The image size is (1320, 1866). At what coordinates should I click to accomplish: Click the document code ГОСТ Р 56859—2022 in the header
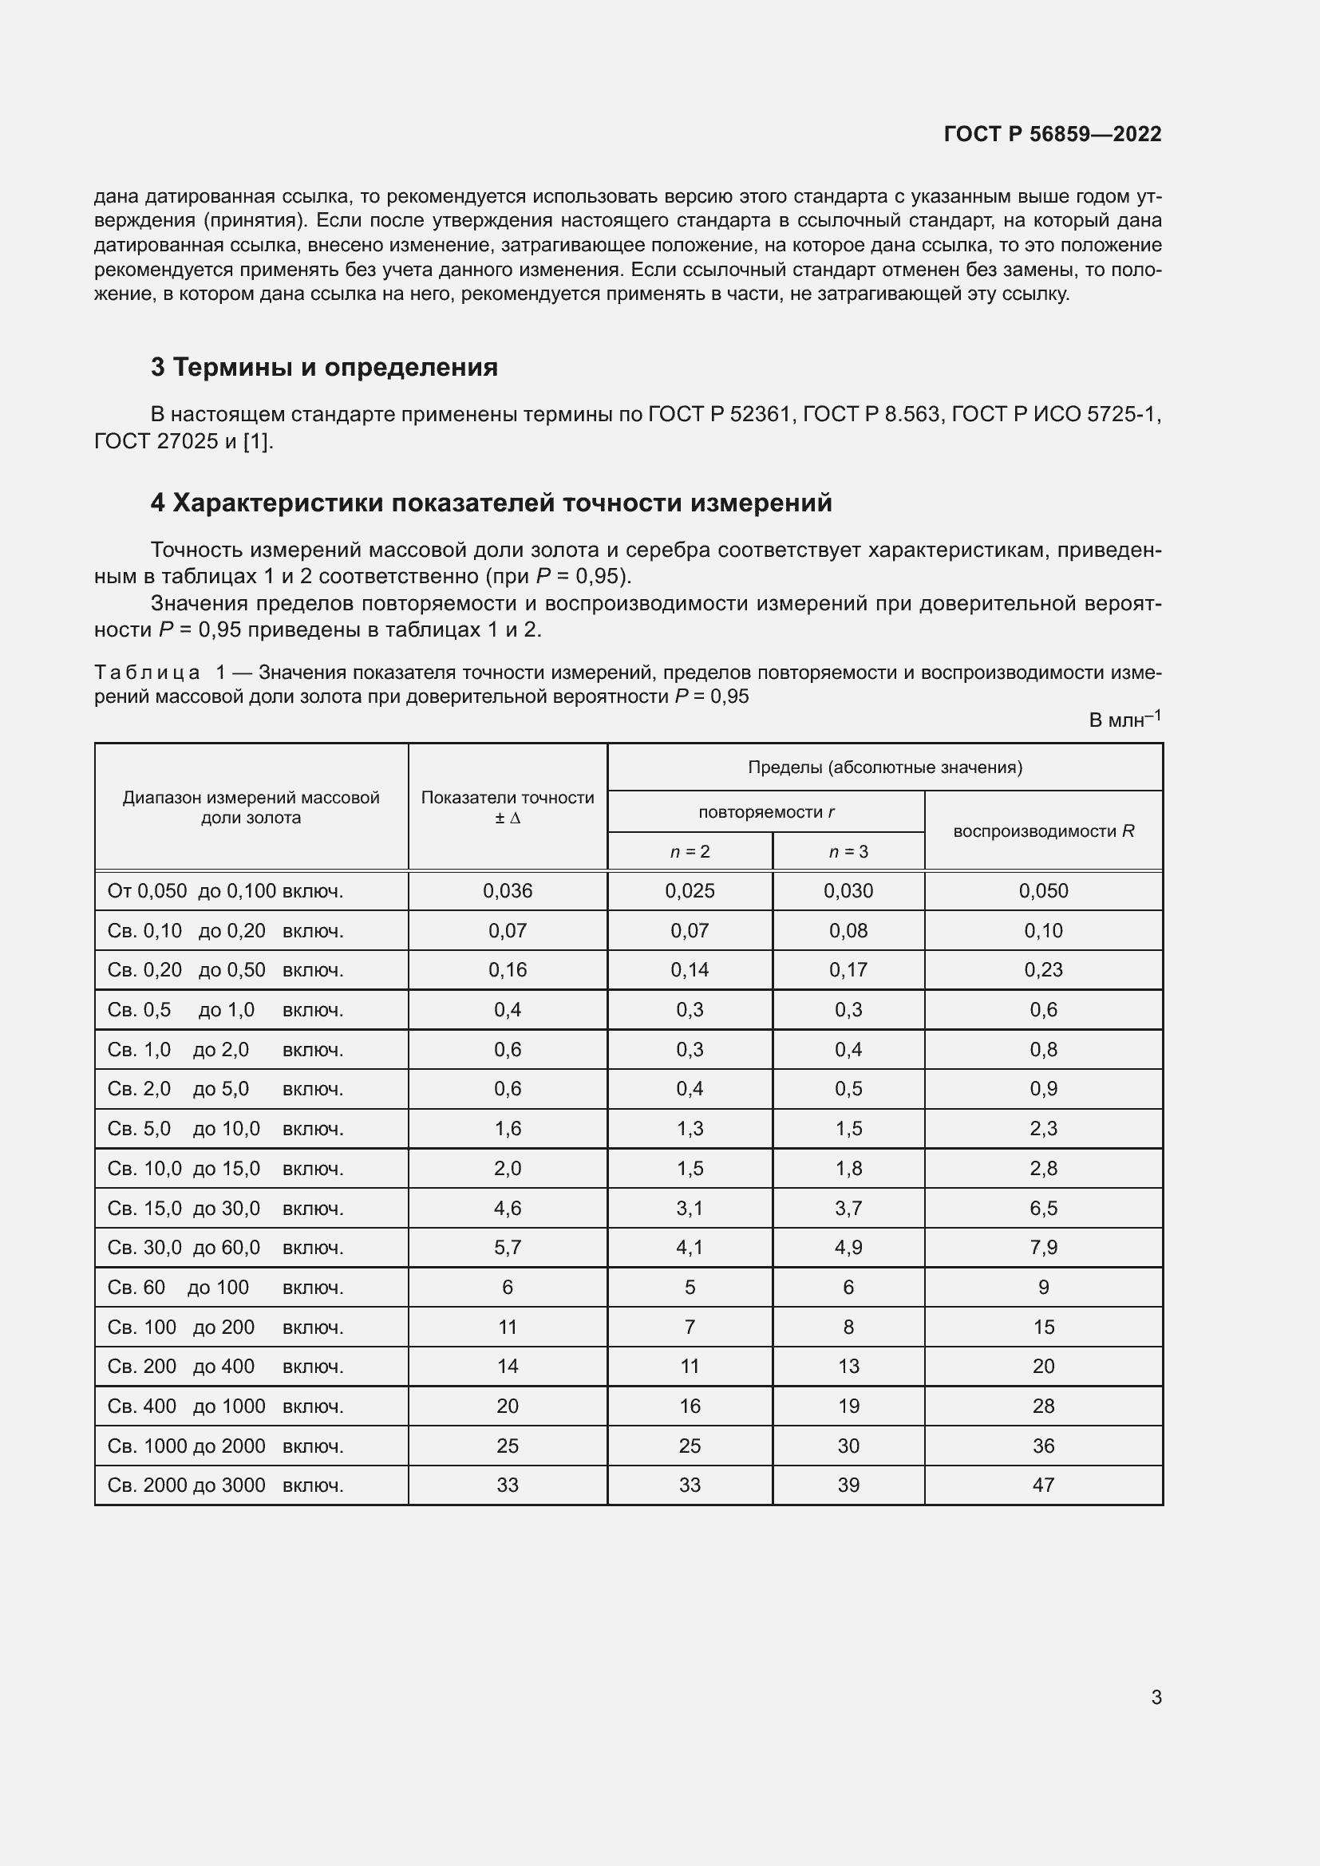1052,134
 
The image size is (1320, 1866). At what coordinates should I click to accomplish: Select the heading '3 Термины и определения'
323,367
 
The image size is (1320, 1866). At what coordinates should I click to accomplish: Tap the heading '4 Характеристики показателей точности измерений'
491,503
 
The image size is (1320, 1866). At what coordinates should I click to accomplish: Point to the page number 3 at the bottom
1156,1697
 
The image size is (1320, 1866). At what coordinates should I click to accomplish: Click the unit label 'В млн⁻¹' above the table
1124,720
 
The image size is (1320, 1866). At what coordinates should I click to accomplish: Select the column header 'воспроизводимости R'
1043,830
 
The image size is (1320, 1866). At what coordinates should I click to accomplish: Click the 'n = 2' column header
690,852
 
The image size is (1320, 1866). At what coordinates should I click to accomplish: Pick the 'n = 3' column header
848,852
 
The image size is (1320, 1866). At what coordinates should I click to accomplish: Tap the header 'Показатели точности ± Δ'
508,807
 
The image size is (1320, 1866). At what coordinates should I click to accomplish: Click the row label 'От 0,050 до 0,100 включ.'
225,891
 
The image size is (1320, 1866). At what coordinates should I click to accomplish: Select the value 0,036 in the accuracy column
508,891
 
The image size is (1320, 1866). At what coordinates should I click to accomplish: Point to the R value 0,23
1043,969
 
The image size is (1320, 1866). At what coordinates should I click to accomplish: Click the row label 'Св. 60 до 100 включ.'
225,1288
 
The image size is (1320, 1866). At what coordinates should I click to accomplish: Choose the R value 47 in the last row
1043,1485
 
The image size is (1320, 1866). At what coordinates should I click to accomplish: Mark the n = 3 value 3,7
848,1208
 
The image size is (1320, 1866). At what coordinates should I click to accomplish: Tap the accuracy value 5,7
508,1248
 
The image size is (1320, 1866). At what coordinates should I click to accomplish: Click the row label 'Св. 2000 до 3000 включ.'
225,1485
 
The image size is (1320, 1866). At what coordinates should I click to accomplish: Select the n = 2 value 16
690,1406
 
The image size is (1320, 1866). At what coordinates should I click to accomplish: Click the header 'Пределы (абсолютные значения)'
884,767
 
